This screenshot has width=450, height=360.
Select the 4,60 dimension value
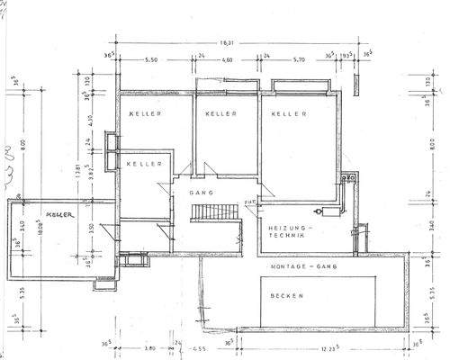click(227, 59)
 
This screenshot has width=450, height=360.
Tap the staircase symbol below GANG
click(213, 213)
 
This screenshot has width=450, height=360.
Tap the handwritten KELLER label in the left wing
click(59, 215)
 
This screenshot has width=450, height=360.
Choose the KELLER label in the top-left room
click(143, 114)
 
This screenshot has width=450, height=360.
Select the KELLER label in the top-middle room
click(220, 114)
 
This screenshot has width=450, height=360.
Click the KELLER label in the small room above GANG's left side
click(144, 164)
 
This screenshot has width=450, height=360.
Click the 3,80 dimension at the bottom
click(149, 348)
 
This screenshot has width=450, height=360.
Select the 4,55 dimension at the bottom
click(199, 349)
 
